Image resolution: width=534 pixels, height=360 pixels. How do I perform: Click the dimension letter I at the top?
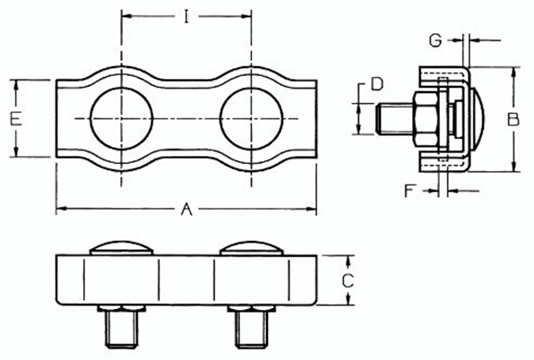pyautogui.click(x=186, y=17)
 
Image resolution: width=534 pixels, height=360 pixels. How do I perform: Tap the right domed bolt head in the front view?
pyautogui.click(x=251, y=249)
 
